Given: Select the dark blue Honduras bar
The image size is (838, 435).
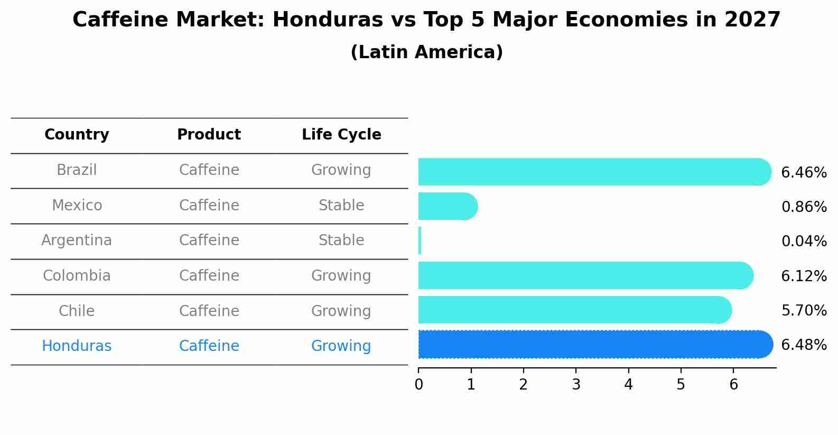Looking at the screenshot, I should point(592,345).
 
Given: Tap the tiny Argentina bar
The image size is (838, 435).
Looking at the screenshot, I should point(420,241).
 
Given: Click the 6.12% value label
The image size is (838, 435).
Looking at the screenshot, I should point(804,276).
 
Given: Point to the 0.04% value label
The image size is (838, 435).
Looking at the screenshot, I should point(804,242).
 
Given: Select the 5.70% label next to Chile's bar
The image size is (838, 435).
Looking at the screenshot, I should point(804,310).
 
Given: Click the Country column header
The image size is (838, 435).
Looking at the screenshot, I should point(77,135).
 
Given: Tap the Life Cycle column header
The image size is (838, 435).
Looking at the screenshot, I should point(341,135).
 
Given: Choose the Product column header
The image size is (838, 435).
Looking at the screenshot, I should point(209,135).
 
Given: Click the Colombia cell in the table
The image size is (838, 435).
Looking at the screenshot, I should point(77,276).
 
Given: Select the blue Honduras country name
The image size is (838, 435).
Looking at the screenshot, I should point(77,346).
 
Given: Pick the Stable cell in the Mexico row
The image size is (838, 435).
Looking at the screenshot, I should point(341,206).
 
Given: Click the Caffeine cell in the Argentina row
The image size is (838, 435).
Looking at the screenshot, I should point(209,240).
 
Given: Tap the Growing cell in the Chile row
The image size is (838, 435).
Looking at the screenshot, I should point(341,311).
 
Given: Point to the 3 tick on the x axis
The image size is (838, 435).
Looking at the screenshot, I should point(576,384).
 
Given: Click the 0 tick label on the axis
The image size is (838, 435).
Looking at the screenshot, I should point(418,384).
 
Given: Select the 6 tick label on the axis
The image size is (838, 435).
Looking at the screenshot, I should point(733,384).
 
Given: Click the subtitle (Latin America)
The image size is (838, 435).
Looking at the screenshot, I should point(426,52).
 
